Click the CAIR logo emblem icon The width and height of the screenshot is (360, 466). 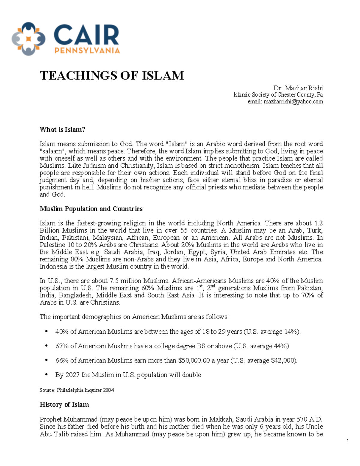28,39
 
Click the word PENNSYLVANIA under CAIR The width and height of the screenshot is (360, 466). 87,50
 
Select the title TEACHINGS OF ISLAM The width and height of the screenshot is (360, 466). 112,76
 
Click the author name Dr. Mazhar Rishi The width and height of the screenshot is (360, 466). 298,88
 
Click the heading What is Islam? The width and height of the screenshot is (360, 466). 62,130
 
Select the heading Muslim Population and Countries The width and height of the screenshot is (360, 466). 91,209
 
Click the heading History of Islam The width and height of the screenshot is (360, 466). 64,404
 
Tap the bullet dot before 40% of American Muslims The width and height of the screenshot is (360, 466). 46,332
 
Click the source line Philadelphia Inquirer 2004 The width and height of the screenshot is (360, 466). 85,390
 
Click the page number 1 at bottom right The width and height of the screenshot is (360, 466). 347,441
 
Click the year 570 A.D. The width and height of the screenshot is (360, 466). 309,419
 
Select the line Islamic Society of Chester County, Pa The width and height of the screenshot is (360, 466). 278,95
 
